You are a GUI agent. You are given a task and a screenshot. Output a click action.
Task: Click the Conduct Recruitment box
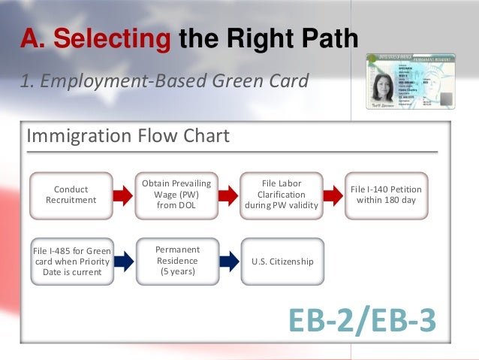point(71,195)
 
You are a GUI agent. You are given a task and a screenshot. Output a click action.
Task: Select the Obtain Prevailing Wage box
point(176,195)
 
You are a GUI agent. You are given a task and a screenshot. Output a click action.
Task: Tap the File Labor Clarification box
point(282,195)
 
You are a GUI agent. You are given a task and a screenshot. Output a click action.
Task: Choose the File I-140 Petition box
point(387,195)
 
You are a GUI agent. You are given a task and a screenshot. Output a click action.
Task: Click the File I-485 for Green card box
point(71,261)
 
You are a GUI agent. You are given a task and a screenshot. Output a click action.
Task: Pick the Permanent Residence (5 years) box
point(176,261)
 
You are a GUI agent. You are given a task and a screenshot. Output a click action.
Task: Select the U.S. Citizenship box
point(282,261)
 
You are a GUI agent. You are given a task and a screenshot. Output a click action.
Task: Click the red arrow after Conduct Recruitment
point(124,195)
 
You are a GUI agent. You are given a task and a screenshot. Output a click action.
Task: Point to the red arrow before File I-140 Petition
point(334,195)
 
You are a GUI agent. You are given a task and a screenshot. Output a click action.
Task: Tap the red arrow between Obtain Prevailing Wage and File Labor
point(229,195)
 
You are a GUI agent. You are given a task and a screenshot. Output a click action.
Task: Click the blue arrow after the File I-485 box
point(124,261)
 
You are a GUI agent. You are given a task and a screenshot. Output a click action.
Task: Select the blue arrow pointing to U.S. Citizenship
point(229,261)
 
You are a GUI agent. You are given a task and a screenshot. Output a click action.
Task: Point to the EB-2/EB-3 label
point(362,319)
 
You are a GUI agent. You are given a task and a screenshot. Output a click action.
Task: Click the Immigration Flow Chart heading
point(128,137)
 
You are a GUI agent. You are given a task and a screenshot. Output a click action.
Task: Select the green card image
point(410,83)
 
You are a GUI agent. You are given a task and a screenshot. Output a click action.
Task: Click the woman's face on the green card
point(384,87)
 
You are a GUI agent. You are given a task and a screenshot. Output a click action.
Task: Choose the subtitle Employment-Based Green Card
point(164,80)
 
